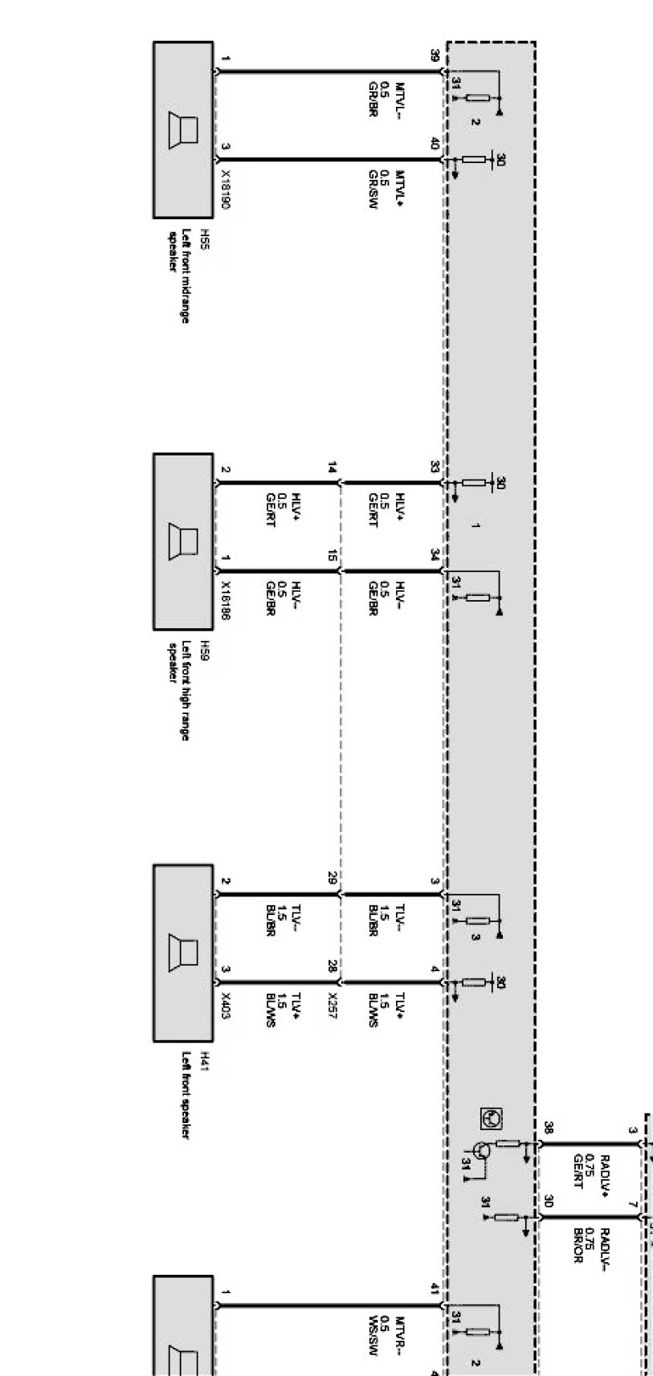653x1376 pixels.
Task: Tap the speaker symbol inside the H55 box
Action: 185,129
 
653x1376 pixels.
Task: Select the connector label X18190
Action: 226,191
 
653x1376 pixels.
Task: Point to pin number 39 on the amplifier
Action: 435,56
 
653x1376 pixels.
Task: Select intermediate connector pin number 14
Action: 333,468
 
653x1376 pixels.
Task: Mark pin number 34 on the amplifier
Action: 435,555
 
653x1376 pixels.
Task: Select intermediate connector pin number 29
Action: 333,878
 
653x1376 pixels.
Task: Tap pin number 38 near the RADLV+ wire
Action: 549,1128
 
